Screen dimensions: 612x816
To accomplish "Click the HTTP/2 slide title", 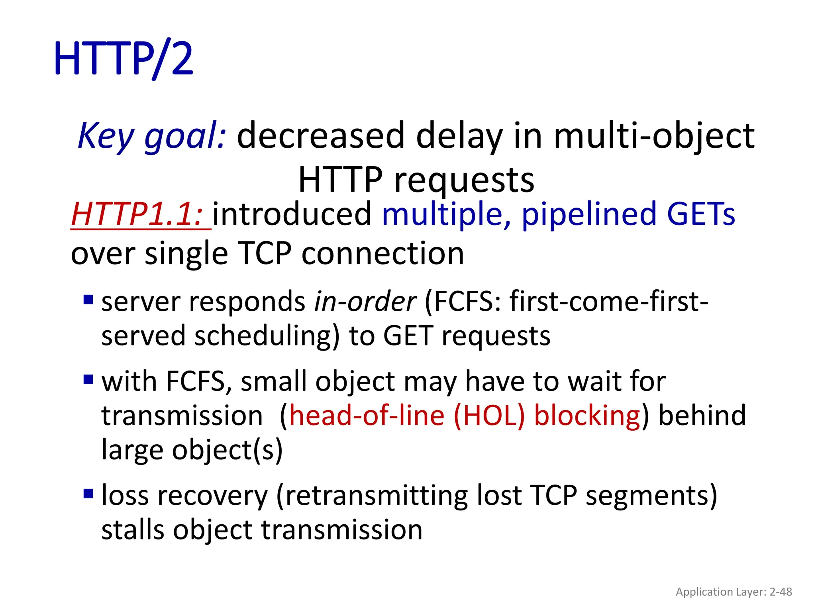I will (124, 59).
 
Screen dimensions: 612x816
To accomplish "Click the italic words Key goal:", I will (152, 135).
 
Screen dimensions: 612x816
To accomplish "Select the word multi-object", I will (654, 135).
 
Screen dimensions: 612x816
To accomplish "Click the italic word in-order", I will (365, 302).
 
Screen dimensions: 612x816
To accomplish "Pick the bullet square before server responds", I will (88, 299).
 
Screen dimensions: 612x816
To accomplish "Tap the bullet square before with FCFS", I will (88, 379).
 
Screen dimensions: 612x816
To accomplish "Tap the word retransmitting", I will (376, 496).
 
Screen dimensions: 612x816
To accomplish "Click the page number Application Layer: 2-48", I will (734, 592).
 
